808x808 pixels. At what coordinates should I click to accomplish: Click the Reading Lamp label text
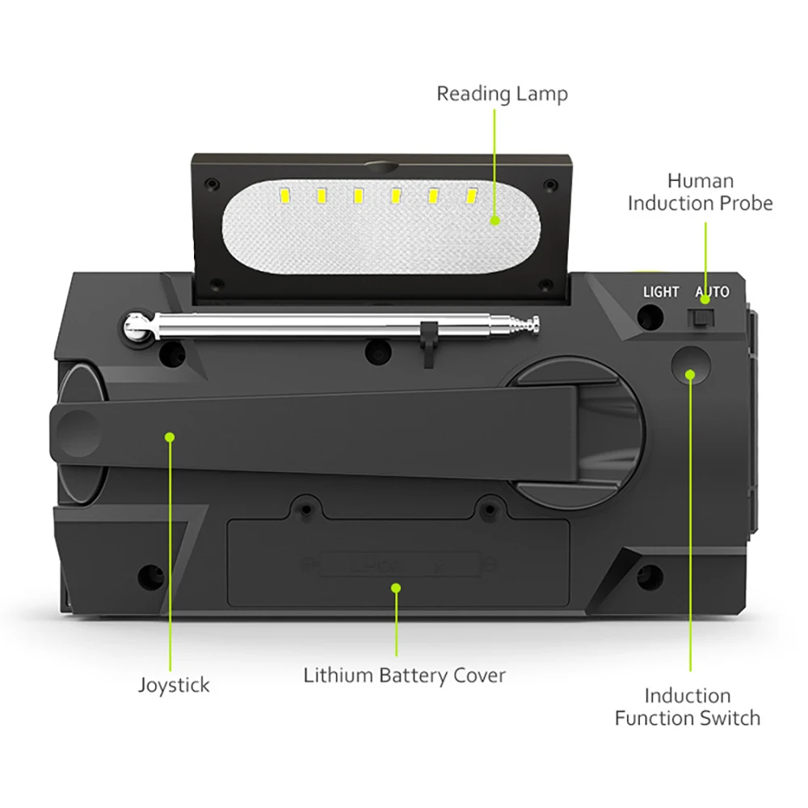(x=502, y=94)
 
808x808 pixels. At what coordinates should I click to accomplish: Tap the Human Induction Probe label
(x=700, y=191)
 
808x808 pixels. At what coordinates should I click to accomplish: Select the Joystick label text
(x=173, y=685)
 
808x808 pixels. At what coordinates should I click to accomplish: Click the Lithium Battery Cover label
(x=404, y=675)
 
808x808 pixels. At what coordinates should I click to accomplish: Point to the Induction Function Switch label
(x=688, y=706)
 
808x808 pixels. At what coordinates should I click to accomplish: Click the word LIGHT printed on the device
(x=661, y=292)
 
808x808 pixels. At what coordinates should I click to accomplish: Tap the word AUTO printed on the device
(x=712, y=292)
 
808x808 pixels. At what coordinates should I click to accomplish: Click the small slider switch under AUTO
(x=701, y=318)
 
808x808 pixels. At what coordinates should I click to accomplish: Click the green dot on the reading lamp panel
(x=494, y=220)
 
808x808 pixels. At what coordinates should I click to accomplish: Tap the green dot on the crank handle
(x=170, y=437)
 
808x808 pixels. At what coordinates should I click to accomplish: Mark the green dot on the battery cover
(x=396, y=588)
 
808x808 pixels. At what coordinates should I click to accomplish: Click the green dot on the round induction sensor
(x=690, y=373)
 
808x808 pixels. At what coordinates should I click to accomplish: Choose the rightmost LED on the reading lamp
(x=471, y=195)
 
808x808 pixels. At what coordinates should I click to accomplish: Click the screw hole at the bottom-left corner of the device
(x=149, y=576)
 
